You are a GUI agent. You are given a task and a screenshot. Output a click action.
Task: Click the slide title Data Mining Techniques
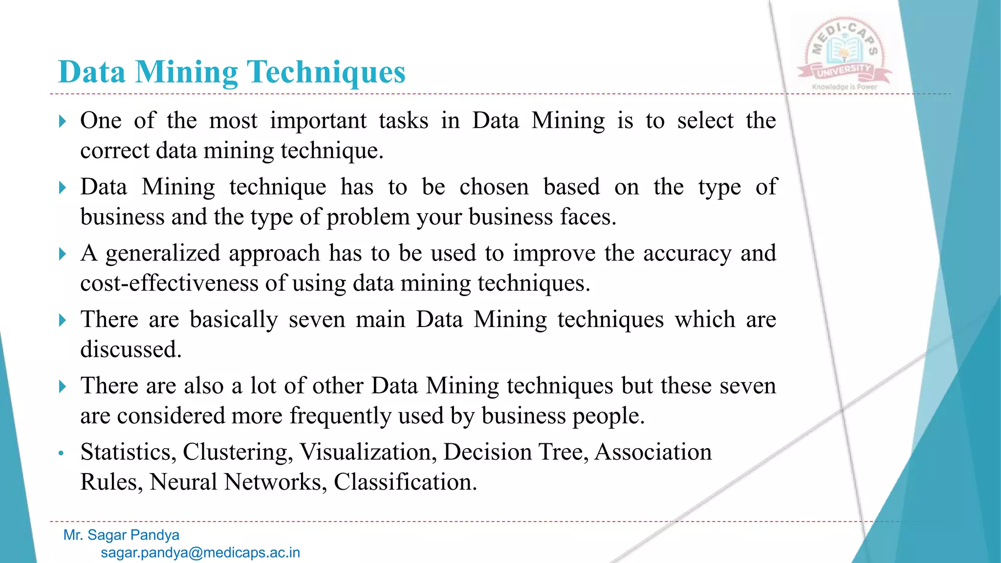tap(232, 72)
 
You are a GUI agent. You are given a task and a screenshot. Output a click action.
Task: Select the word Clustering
tap(238, 452)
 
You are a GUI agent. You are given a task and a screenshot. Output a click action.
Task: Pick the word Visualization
tap(368, 452)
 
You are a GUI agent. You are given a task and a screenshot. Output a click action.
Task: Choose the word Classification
tap(405, 482)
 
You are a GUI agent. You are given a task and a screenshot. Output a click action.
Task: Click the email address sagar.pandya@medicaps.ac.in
tap(200, 553)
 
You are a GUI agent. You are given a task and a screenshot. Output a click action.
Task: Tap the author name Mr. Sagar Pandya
tap(121, 535)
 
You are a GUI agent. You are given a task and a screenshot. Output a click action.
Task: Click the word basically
tap(234, 320)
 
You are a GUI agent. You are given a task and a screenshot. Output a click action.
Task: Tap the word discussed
tap(131, 350)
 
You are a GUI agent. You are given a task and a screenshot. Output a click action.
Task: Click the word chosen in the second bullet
tap(494, 187)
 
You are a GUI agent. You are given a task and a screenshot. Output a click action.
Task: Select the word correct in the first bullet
tap(114, 151)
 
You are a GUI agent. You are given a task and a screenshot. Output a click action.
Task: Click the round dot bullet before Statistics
tap(61, 453)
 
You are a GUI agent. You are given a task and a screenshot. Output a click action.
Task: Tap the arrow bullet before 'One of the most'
tap(62, 121)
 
